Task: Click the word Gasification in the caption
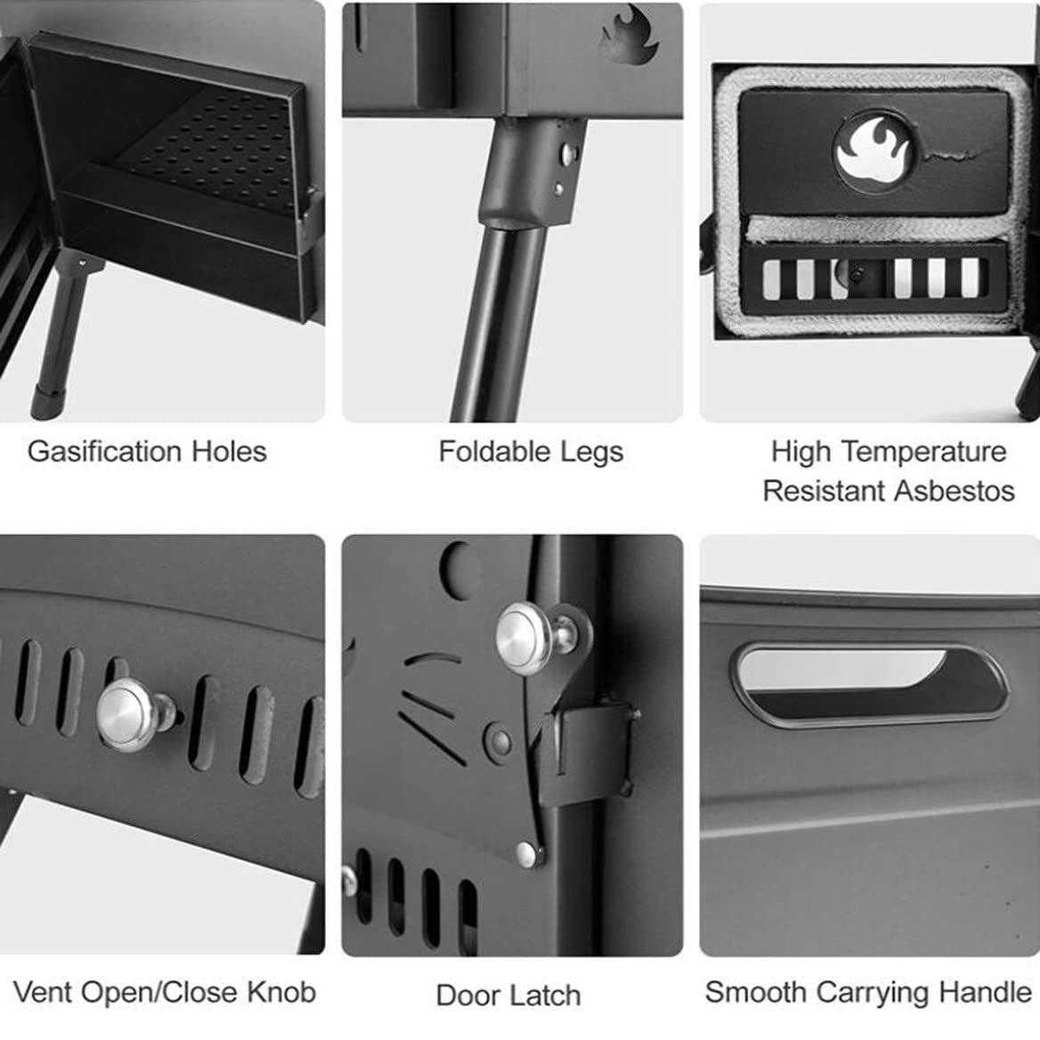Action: (x=105, y=452)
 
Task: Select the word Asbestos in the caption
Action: (x=955, y=492)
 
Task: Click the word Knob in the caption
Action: (x=281, y=993)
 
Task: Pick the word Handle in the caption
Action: (x=987, y=993)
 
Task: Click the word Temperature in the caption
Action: (x=922, y=451)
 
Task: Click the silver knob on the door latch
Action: (x=529, y=637)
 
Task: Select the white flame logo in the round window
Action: (x=873, y=150)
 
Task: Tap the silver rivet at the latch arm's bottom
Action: (x=528, y=854)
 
